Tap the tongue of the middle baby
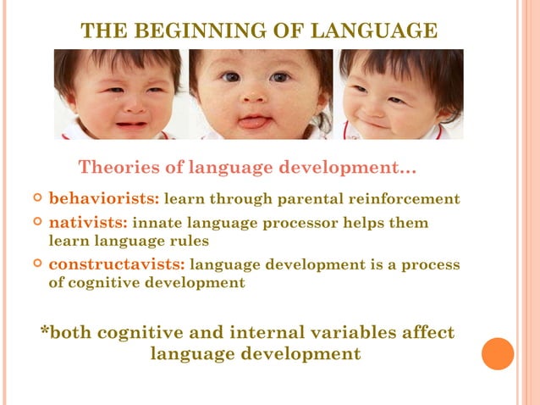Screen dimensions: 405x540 (x=252, y=122)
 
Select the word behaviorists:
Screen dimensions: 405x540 (x=103, y=199)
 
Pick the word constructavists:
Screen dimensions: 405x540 (x=117, y=264)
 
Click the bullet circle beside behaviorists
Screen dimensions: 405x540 (x=36, y=199)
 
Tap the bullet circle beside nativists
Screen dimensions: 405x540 (x=36, y=223)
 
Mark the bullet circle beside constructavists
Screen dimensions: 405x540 (x=36, y=264)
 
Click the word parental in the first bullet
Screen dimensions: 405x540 (x=313, y=200)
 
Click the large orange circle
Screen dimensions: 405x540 (x=498, y=353)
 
